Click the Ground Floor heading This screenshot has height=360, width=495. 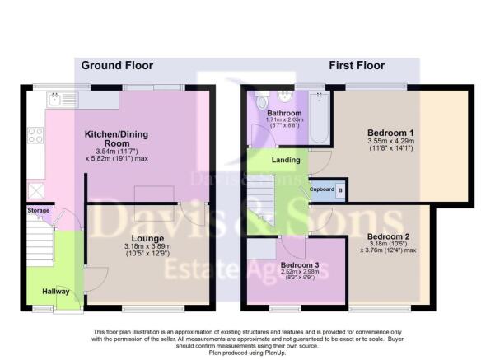click(116, 66)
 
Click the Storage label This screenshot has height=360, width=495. click(38, 211)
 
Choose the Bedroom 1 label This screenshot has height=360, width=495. click(390, 131)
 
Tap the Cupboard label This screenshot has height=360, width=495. click(321, 189)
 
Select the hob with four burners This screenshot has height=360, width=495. click(35, 134)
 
